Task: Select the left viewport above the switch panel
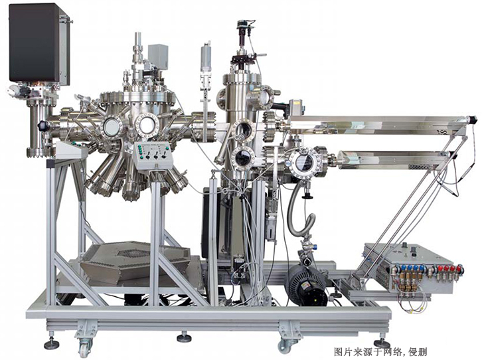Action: tap(111, 128)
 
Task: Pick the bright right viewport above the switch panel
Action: tap(146, 125)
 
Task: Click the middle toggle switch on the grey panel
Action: tap(157, 155)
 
